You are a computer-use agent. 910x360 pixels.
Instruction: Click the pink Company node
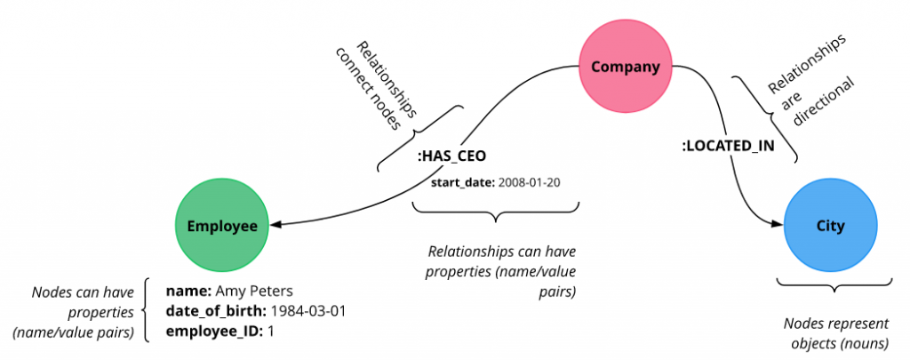click(620, 67)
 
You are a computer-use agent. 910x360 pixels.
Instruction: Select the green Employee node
click(221, 227)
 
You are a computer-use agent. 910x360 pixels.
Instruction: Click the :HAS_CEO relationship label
click(451, 157)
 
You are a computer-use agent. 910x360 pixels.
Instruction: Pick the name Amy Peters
click(254, 291)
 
